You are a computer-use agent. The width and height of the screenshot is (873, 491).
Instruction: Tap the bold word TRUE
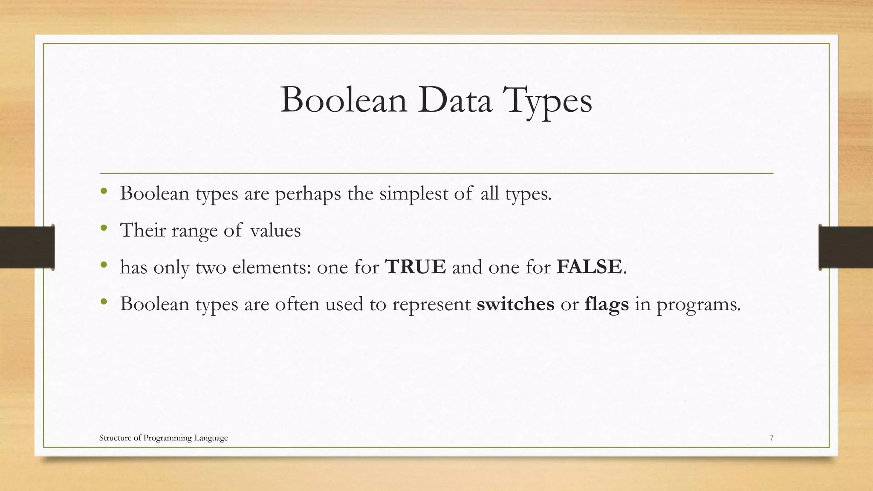pos(415,267)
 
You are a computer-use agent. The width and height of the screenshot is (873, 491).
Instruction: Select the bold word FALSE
pos(589,267)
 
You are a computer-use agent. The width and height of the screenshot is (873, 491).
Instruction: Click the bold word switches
pos(515,304)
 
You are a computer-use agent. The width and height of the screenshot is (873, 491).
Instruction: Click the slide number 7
pos(771,438)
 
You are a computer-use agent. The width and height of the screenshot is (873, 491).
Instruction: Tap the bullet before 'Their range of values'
pos(104,229)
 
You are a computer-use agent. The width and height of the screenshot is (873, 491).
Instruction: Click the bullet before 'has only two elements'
pos(104,266)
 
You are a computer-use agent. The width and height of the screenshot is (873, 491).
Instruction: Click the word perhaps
pos(308,194)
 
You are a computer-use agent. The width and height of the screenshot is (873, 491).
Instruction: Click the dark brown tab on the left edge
pos(27,247)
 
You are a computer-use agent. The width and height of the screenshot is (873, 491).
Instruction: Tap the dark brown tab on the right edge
pos(846,247)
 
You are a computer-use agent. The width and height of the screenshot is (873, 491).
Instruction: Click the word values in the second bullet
pos(275,231)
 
